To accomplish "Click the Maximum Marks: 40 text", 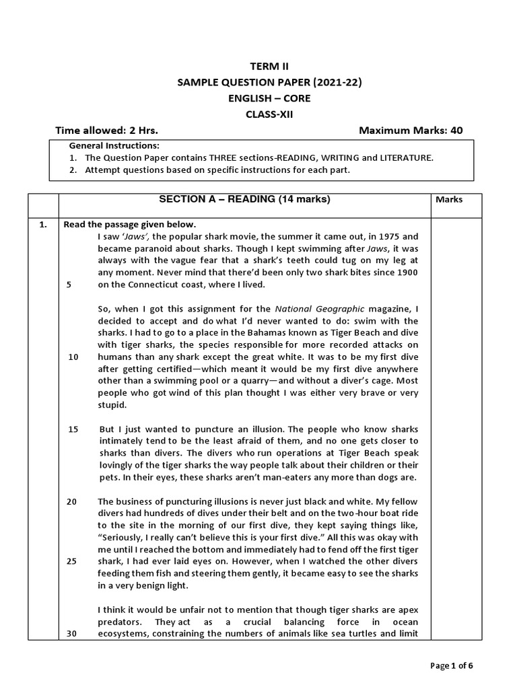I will (x=411, y=130).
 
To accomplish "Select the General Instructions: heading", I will (x=114, y=146).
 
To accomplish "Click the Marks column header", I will (x=449, y=200).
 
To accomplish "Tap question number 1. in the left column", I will (x=43, y=225).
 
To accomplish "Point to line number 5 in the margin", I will (x=69, y=285).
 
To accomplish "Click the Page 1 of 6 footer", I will (x=452, y=665).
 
